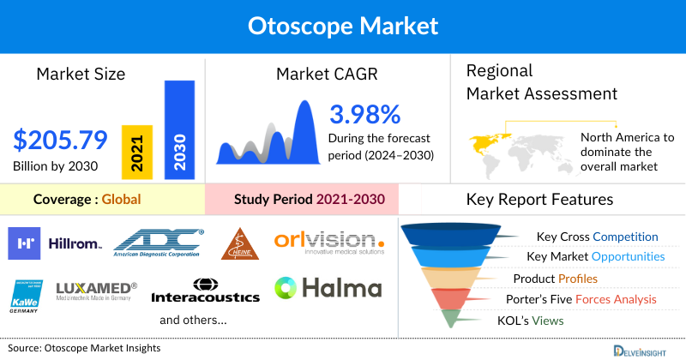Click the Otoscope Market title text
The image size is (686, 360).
(x=342, y=26)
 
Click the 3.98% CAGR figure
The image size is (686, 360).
(x=364, y=115)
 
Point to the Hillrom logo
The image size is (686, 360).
(x=55, y=243)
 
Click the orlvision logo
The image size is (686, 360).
(x=331, y=242)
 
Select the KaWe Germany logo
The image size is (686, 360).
(x=28, y=293)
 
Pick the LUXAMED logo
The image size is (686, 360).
(x=95, y=291)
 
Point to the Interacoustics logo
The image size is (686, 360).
(x=205, y=291)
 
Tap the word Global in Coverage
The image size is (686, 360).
(x=121, y=200)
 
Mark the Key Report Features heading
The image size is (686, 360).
(x=539, y=200)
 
